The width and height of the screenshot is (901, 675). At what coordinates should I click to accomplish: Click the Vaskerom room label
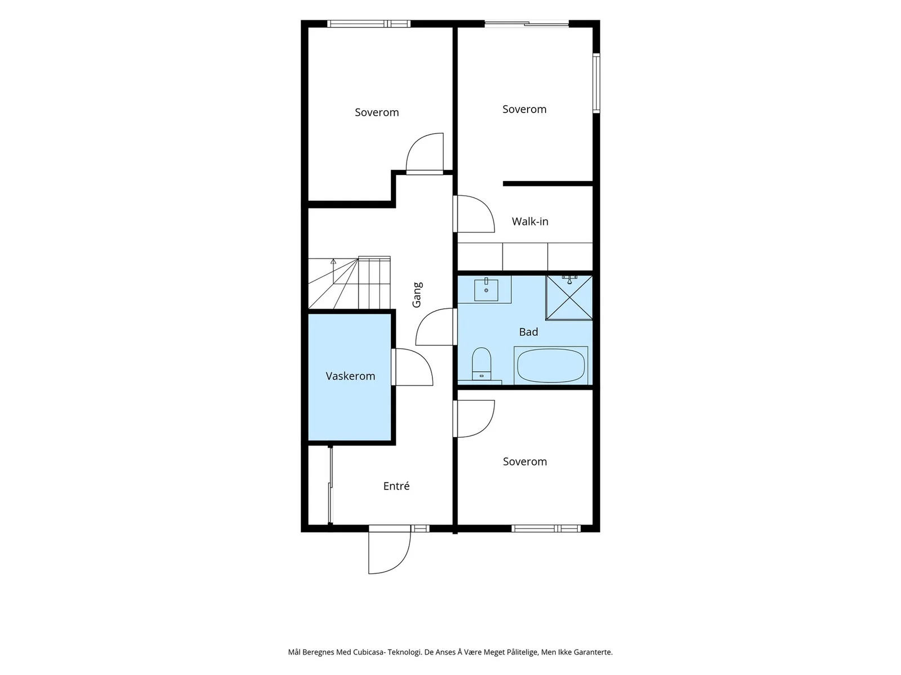pos(350,376)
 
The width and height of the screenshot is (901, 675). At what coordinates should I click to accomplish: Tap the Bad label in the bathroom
pos(528,332)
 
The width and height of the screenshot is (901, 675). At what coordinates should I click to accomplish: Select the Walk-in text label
pos(530,222)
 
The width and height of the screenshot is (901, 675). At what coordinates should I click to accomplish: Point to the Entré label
pos(396,486)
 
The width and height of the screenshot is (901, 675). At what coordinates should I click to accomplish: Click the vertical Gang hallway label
pos(417,295)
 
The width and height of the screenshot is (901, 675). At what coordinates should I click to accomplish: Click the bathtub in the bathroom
pos(550,365)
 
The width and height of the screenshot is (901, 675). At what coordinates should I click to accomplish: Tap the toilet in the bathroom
pos(481,364)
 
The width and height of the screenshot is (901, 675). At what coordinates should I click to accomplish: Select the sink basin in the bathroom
pos(486,290)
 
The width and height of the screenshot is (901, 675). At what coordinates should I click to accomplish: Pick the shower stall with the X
pos(569,298)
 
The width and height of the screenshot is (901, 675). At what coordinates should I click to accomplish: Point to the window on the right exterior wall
pos(596,83)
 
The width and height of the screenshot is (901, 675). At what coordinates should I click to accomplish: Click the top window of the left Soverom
pos(369,24)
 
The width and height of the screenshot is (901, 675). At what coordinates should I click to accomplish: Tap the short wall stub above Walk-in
pos(548,183)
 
